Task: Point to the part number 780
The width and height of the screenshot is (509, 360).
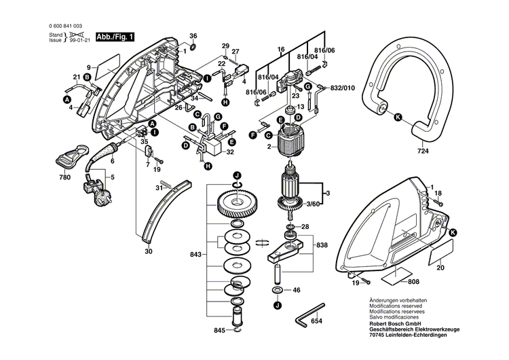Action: click(x=64, y=177)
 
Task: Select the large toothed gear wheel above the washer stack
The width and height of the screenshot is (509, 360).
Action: click(x=236, y=205)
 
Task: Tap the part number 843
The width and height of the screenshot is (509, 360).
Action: click(x=195, y=255)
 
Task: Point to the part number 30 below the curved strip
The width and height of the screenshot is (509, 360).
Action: click(x=148, y=251)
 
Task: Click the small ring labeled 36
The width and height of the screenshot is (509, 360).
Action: click(x=193, y=49)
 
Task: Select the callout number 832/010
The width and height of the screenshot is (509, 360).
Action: click(x=343, y=88)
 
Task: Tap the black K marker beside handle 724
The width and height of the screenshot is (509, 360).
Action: click(x=398, y=117)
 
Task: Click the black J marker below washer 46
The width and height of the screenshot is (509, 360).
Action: click(x=278, y=306)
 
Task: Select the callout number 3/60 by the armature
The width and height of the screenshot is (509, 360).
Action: click(x=312, y=203)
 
